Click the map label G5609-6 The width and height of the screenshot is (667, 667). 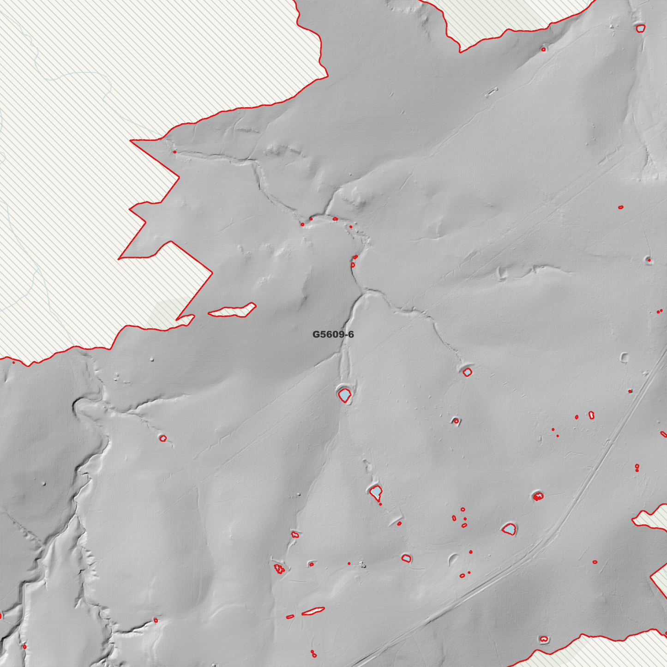(333, 334)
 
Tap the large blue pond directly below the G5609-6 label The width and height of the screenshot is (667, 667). (345, 396)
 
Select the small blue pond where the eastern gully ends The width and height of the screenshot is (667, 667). (467, 372)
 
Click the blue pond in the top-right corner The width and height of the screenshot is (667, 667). (640, 29)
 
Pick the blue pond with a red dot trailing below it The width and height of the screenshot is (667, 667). (376, 492)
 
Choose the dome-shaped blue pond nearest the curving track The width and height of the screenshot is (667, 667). (509, 529)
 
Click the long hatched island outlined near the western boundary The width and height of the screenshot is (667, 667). (232, 311)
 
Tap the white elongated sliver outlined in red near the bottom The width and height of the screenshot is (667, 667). (313, 611)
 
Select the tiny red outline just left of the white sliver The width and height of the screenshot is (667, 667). (290, 617)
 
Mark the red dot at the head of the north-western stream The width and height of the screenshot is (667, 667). (174, 152)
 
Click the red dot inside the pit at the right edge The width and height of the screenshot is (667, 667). (649, 260)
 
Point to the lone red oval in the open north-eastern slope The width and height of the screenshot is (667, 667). (621, 207)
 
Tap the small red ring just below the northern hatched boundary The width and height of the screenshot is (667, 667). (543, 49)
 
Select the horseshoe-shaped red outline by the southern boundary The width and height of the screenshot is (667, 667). (544, 639)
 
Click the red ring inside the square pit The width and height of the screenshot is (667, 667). (456, 421)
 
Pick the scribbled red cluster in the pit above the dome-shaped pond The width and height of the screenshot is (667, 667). (538, 497)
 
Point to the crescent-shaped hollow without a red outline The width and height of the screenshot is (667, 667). (452, 559)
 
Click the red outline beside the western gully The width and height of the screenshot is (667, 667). (163, 438)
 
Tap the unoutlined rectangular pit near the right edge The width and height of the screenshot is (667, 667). (624, 357)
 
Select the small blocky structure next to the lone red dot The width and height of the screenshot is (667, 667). (362, 564)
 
